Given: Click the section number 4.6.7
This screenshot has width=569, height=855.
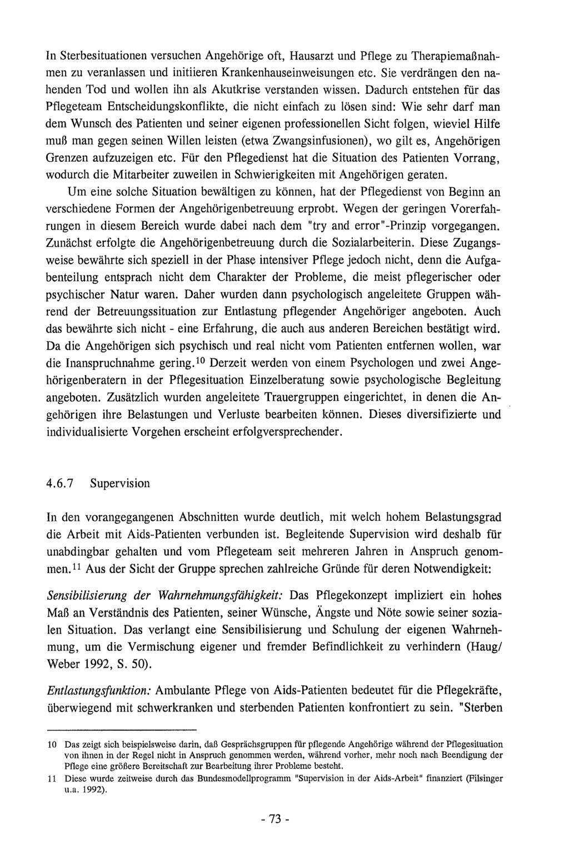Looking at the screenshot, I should (61, 483).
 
